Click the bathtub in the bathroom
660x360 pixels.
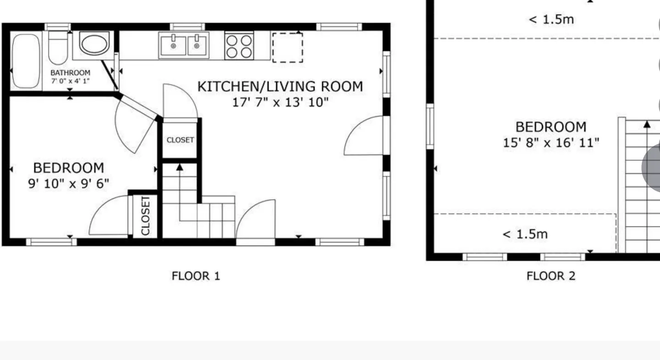point(26,61)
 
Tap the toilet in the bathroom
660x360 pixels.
point(58,48)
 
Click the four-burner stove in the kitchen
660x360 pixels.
point(239,47)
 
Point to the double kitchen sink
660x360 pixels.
point(184,45)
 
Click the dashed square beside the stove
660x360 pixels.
point(287,48)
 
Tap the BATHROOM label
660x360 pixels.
point(71,73)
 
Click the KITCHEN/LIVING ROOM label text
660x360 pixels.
point(280,87)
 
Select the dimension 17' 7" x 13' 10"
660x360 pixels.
point(280,103)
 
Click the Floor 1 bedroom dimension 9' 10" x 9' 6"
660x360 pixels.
point(68,184)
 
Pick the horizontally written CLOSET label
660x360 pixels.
point(180,140)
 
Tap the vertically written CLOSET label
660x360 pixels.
point(146,216)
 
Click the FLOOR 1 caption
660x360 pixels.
point(196,276)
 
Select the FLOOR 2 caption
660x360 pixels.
point(551,276)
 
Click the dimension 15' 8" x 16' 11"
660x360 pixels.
point(551,143)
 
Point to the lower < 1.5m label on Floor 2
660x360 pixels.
point(525,235)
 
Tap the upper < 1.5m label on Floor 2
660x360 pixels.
point(551,20)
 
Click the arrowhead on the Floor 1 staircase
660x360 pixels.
point(180,167)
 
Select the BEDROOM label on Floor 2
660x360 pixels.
point(551,127)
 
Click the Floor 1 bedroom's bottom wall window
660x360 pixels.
point(51,242)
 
